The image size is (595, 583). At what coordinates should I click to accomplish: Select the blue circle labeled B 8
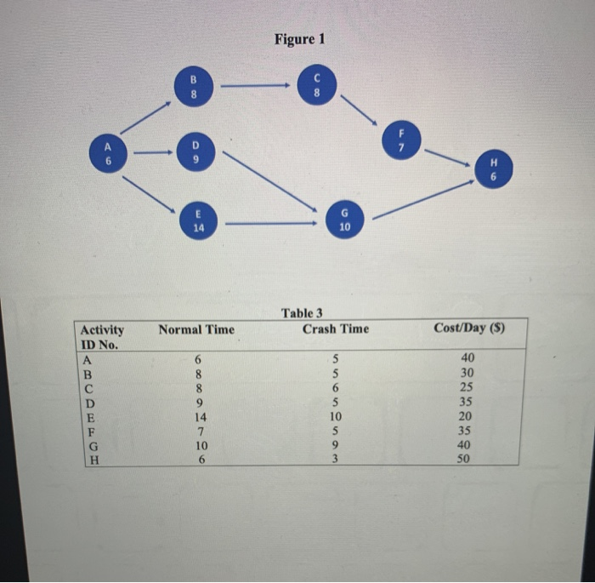pyautogui.click(x=193, y=88)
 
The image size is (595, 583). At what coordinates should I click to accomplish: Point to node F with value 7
pyautogui.click(x=402, y=141)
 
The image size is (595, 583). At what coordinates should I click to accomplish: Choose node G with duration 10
pyautogui.click(x=344, y=220)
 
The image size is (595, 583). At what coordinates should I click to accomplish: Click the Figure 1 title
pyautogui.click(x=299, y=39)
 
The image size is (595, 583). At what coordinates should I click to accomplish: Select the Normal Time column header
pyautogui.click(x=196, y=329)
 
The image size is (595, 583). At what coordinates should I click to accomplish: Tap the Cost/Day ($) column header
pyautogui.click(x=469, y=329)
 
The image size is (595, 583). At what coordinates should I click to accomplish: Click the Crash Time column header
pyautogui.click(x=336, y=329)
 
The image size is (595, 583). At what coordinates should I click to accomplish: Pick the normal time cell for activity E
pyautogui.click(x=199, y=417)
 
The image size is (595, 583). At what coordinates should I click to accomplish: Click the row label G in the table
pyautogui.click(x=85, y=444)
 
